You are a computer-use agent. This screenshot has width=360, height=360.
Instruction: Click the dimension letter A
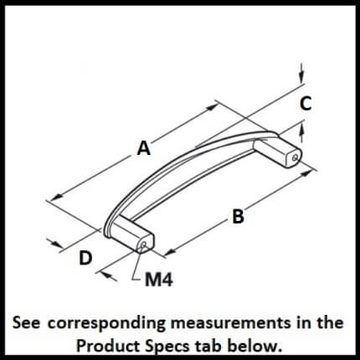coord(144,148)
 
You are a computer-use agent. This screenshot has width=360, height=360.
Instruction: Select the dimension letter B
coord(238,217)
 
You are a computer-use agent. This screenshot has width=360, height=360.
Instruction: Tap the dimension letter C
coord(306,103)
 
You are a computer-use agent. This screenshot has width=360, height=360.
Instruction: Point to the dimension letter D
coord(85,258)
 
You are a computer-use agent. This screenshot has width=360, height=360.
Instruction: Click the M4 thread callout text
coord(159,280)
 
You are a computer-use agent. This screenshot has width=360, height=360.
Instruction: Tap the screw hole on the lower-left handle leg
coord(144,245)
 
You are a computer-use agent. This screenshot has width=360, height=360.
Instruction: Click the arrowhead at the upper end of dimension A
coord(212,107)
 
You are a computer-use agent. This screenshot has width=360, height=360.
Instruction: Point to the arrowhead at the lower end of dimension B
coord(170,252)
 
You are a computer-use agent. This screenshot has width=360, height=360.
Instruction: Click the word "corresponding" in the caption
coord(106,324)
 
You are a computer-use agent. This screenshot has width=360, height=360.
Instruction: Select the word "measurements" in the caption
coord(230,323)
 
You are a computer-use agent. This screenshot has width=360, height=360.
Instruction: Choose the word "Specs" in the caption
coord(171,347)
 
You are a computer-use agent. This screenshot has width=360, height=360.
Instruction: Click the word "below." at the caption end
coord(254,347)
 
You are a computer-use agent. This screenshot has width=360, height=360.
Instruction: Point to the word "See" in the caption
coord(26,323)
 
